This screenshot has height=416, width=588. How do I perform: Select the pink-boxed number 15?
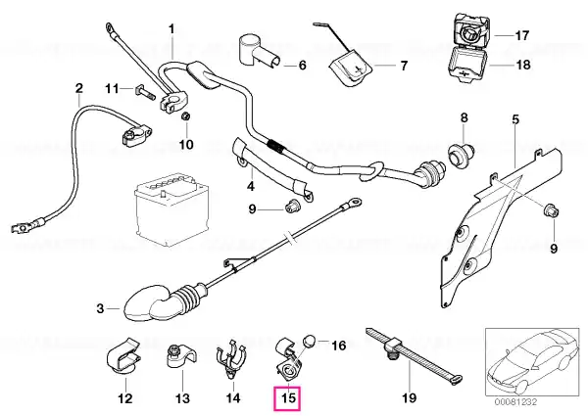(x=289, y=398)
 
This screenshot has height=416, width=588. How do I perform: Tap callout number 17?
(x=521, y=35)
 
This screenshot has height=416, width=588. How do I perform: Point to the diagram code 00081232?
(x=515, y=402)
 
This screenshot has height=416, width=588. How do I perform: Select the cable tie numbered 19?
(x=414, y=354)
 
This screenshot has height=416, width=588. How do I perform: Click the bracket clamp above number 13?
(x=180, y=358)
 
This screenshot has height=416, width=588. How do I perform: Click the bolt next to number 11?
(x=144, y=91)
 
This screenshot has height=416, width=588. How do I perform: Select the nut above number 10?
(x=185, y=116)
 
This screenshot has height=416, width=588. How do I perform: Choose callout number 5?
(x=515, y=120)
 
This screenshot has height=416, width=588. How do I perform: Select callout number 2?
(x=78, y=89)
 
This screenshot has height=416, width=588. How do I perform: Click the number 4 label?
(x=251, y=186)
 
